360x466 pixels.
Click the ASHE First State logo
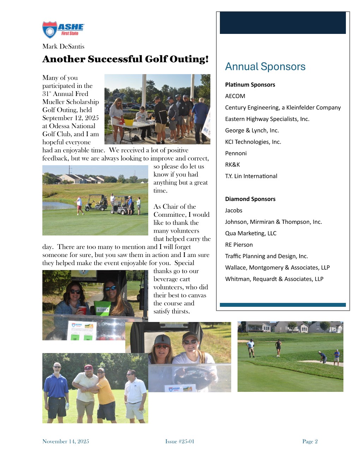pyautogui.click(x=64, y=30)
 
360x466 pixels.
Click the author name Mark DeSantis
pyautogui.click(x=63, y=47)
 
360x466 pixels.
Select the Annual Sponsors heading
pyautogui.click(x=265, y=67)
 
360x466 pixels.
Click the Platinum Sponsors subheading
pyautogui.click(x=250, y=85)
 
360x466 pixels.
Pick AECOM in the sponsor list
pyautogui.click(x=235, y=96)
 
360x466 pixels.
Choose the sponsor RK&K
pyautogui.click(x=232, y=165)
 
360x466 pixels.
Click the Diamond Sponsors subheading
pyautogui.click(x=250, y=199)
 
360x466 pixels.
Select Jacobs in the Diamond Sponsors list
pyautogui.click(x=234, y=210)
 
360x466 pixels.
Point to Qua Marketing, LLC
pyautogui.click(x=251, y=233)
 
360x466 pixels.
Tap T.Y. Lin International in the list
pyautogui.click(x=251, y=176)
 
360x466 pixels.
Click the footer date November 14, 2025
pyautogui.click(x=66, y=441)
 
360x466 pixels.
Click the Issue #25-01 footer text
pyautogui.click(x=180, y=441)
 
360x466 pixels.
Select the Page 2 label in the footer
pyautogui.click(x=310, y=441)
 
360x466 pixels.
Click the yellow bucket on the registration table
pyautogui.click(x=129, y=123)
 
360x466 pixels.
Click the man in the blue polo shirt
pyautogui.click(x=56, y=388)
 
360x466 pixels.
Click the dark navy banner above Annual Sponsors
pyautogui.click(x=283, y=23)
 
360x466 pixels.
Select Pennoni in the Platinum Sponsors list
pyautogui.click(x=236, y=153)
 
